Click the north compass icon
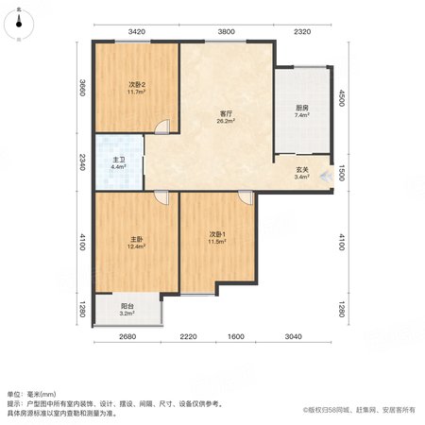[x=19, y=24]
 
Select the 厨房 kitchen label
[x=301, y=108]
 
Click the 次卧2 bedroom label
[x=137, y=84]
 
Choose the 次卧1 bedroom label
[x=217, y=234]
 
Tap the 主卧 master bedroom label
[x=136, y=239]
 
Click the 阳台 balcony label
[x=127, y=306]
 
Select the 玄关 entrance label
[x=301, y=170]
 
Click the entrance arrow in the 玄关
[x=326, y=177]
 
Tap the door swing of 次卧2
[x=162, y=127]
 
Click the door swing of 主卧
[x=161, y=198]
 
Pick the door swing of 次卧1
[x=246, y=198]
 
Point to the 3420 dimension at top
[x=137, y=31]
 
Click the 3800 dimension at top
[x=226, y=31]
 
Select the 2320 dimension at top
[x=302, y=31]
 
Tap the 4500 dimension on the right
[x=342, y=98]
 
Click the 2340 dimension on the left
[x=82, y=161]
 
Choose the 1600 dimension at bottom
[x=236, y=336]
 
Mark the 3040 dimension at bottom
[x=293, y=336]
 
